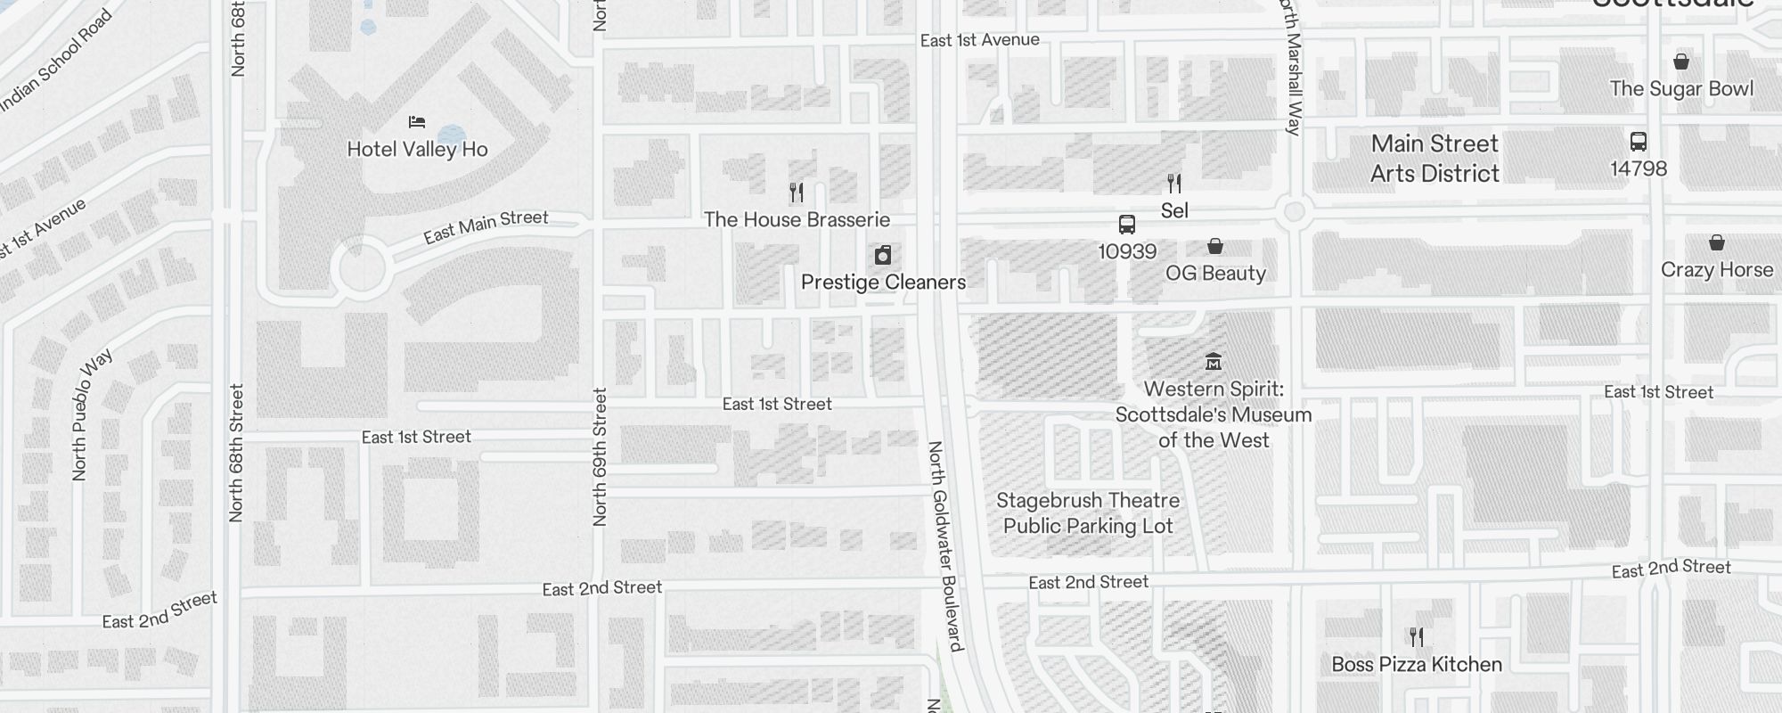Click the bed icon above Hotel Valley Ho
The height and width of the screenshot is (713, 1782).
pos(416,122)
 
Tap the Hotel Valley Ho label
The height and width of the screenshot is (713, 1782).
pos(417,149)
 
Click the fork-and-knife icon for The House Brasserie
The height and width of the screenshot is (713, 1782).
pos(797,192)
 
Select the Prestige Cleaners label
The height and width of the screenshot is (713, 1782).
pos(882,283)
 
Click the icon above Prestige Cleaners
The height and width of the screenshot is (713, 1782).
pos(882,256)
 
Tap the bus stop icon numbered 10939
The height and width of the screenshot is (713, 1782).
pos(1126,225)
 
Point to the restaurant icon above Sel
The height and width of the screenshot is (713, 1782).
pos(1174,184)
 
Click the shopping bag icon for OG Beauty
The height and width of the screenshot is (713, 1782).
pos(1214,246)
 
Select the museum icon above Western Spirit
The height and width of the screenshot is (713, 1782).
pos(1213,362)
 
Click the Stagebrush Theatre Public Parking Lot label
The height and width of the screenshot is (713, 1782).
pos(1087,513)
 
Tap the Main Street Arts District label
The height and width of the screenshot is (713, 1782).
pos(1435,159)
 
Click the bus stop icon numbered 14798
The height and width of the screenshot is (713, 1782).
pos(1638,142)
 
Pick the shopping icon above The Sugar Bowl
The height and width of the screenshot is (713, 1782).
pos(1680,61)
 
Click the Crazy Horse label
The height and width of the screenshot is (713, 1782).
pos(1716,270)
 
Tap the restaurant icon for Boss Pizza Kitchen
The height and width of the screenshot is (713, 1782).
pos(1417,637)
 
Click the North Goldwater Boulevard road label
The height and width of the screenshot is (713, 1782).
pos(945,545)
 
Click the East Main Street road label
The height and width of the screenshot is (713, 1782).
pos(486,226)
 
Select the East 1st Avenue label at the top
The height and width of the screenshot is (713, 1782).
pos(979,40)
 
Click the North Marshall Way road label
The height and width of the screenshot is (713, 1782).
pos(1292,67)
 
